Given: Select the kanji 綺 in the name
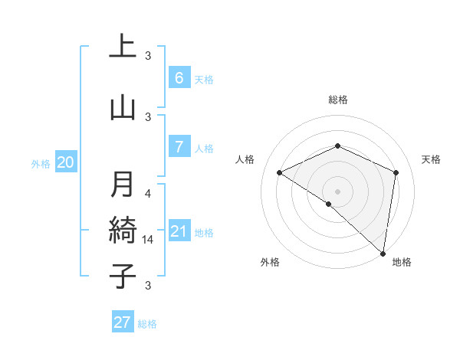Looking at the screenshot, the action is point(123,230).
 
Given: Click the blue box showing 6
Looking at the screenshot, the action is point(179,77).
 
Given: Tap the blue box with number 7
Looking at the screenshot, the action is point(179,147).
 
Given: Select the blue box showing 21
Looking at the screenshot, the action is point(179,231).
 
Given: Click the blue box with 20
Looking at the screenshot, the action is point(66,162).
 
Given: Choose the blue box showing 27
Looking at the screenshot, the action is point(123,322).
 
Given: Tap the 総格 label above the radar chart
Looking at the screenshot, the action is point(338,100).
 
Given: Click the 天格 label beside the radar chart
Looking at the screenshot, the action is point(432,159).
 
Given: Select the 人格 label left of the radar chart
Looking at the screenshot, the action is point(245,159).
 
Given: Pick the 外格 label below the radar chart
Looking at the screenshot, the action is point(270,262).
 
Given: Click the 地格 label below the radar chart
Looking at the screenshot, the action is point(402,262).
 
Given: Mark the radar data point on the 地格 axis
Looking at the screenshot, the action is point(383,253).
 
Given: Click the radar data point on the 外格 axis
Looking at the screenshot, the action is point(329,204).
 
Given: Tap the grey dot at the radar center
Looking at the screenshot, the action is point(337,191).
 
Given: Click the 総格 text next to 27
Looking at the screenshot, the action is point(148,324).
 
